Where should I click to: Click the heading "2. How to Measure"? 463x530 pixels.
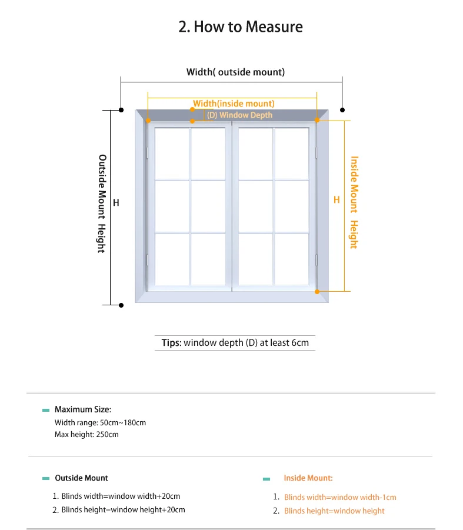241,27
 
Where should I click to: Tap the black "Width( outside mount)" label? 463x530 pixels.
235,72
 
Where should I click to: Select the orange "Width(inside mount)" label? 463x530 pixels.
234,104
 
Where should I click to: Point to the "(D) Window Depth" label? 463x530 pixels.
239,115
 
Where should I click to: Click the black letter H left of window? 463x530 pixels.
116,202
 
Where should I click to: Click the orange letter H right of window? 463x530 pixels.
337,200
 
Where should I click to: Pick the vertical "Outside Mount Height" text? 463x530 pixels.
102,204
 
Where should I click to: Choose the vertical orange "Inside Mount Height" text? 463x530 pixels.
354,202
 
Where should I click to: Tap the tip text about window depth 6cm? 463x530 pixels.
235,343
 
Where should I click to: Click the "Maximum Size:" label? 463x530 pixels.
82,409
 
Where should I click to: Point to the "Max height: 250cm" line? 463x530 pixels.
86,435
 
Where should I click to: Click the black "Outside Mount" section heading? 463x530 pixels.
81,478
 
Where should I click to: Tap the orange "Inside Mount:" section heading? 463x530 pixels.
308,478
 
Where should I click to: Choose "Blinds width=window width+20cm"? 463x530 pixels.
121,496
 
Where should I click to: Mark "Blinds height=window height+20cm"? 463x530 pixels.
123,510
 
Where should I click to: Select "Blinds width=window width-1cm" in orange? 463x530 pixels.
340,498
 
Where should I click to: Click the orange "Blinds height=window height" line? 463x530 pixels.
334,511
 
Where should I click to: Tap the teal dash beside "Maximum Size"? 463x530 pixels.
46,410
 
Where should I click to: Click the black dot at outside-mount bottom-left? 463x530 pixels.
121,305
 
